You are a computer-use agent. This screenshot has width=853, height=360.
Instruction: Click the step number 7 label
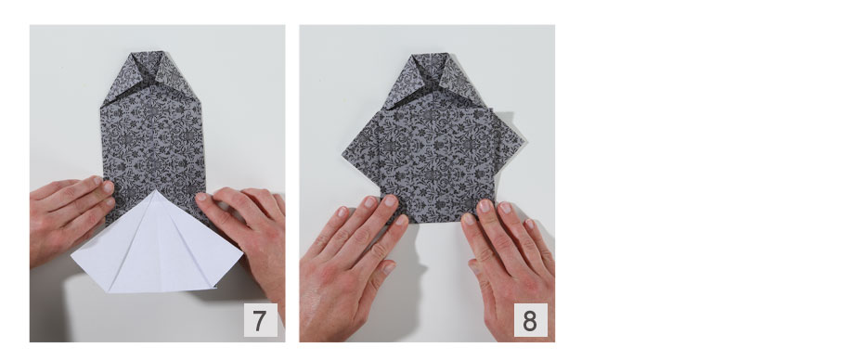[x=260, y=320]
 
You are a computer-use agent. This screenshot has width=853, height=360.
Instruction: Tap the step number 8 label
[x=530, y=320]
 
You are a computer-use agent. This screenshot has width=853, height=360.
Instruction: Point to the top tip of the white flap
[x=156, y=190]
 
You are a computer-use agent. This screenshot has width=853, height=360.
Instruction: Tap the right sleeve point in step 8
[x=523, y=141]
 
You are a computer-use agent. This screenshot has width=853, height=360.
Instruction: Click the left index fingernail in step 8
[x=390, y=200]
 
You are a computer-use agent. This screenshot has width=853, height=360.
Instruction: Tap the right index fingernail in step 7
[x=201, y=197]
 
